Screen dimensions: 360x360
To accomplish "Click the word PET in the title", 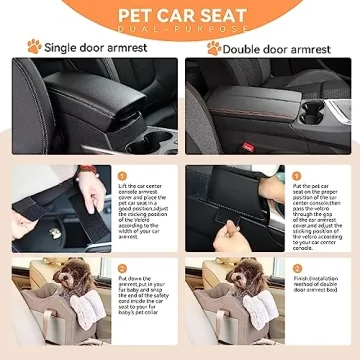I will pyautogui.click(x=142, y=15).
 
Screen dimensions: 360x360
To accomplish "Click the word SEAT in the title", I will pyautogui.click(x=221, y=15).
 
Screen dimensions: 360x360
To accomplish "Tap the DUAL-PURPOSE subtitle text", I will pyautogui.click(x=180, y=31).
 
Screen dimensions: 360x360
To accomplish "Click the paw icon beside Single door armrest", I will pyautogui.click(x=33, y=46).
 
